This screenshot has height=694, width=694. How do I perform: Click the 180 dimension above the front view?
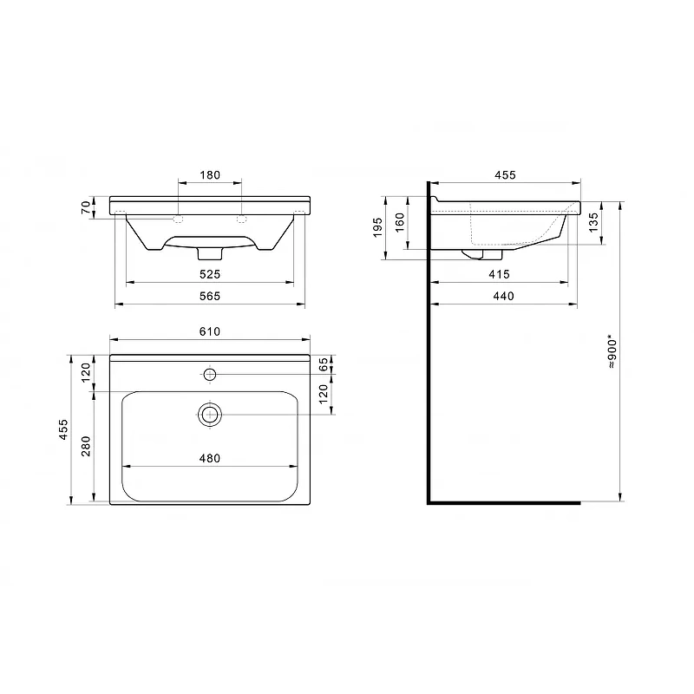pos(210,175)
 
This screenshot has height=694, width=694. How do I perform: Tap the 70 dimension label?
pos(86,207)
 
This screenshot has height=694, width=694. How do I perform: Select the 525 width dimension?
pos(210,274)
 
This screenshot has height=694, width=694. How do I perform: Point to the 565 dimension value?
pos(210,296)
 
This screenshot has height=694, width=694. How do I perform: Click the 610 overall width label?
pos(210,331)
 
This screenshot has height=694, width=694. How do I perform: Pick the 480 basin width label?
pos(210,459)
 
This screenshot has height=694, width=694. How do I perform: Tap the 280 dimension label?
pos(86,446)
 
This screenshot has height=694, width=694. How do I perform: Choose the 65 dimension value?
pos(324,364)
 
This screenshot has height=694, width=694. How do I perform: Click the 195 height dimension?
pos(377,227)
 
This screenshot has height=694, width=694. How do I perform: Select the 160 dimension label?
pos(400,223)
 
